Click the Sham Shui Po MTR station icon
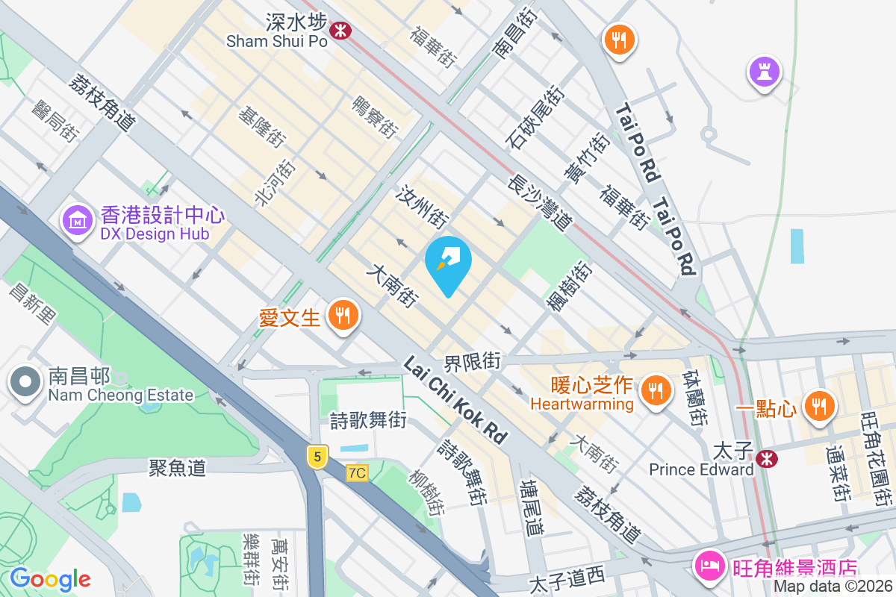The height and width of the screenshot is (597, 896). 342,31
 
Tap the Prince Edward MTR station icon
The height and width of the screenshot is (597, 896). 765,459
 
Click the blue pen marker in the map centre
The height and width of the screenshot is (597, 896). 448,262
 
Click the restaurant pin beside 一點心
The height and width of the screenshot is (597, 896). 819,405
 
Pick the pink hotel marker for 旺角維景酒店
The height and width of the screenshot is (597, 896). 709,565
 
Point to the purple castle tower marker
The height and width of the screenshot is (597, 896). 765,72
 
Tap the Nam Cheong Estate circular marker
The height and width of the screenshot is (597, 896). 26,382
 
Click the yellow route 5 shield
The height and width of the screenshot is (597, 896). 317,456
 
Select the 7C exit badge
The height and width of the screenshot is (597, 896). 358,473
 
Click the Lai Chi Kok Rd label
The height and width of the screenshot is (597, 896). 455,401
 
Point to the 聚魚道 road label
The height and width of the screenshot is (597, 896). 177,468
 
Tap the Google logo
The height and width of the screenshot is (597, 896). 50,579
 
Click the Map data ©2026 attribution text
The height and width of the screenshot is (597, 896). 833,587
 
